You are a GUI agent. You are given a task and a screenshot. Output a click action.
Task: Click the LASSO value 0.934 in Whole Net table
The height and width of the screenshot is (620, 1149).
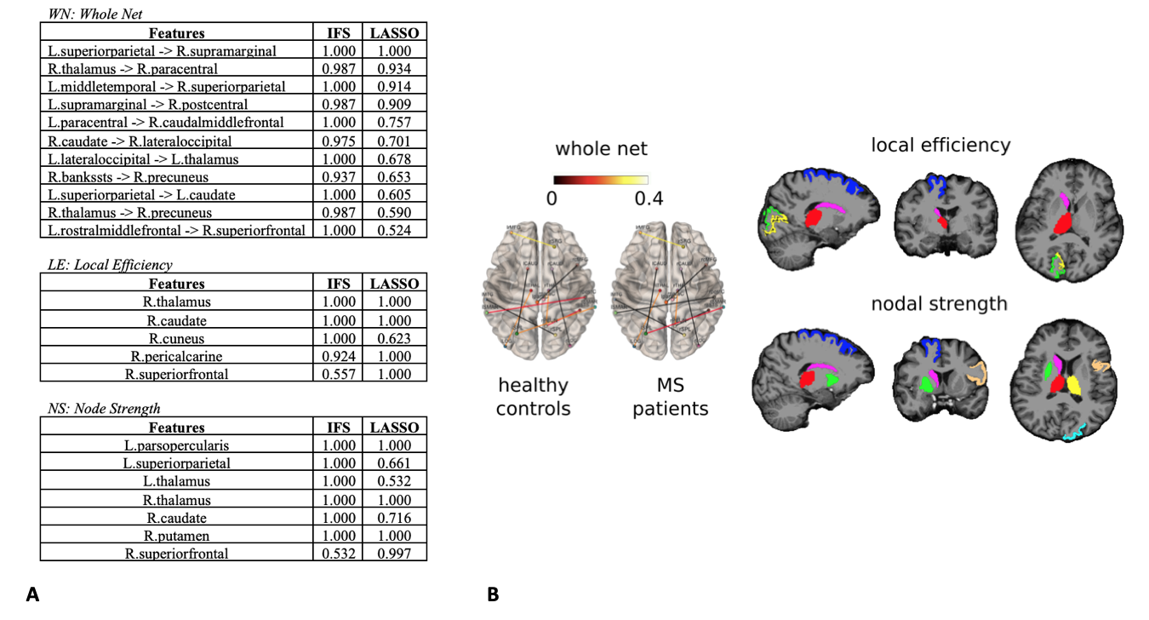click(x=394, y=69)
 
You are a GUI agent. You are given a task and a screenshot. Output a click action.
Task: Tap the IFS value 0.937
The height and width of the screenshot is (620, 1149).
click(x=339, y=177)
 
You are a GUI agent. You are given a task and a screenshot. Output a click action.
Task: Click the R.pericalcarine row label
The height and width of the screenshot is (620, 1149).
click(x=176, y=356)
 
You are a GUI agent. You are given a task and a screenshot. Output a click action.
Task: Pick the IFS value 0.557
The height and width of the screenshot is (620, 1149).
click(x=339, y=374)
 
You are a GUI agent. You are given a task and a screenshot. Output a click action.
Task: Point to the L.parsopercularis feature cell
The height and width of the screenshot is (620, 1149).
click(x=176, y=445)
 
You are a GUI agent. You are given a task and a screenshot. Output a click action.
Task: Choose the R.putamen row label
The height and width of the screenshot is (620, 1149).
click(x=176, y=536)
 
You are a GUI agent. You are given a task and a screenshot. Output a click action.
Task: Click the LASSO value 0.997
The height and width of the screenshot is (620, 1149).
click(x=394, y=554)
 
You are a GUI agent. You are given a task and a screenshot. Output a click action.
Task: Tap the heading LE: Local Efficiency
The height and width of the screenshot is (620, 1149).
click(x=110, y=265)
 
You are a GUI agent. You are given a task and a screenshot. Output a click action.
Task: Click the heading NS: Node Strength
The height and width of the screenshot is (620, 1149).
click(x=104, y=409)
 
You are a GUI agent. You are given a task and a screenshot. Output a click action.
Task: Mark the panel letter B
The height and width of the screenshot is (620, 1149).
click(x=493, y=595)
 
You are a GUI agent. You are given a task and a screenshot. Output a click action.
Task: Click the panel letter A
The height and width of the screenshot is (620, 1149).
click(x=32, y=595)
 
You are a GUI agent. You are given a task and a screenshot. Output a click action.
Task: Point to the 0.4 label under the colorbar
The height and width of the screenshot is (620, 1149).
click(x=649, y=199)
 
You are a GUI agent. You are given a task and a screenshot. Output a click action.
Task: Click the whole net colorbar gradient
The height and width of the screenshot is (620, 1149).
click(x=601, y=180)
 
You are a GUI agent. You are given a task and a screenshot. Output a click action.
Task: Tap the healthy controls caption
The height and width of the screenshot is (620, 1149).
click(x=533, y=397)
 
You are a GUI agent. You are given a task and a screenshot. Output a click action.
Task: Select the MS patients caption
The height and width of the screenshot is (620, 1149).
click(x=671, y=397)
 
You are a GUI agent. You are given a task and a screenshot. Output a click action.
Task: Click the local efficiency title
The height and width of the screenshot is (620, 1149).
click(x=940, y=146)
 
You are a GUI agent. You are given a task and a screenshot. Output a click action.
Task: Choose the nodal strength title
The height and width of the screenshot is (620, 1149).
click(x=939, y=303)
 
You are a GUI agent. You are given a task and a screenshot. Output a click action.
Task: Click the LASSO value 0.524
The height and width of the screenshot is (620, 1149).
click(x=394, y=230)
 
